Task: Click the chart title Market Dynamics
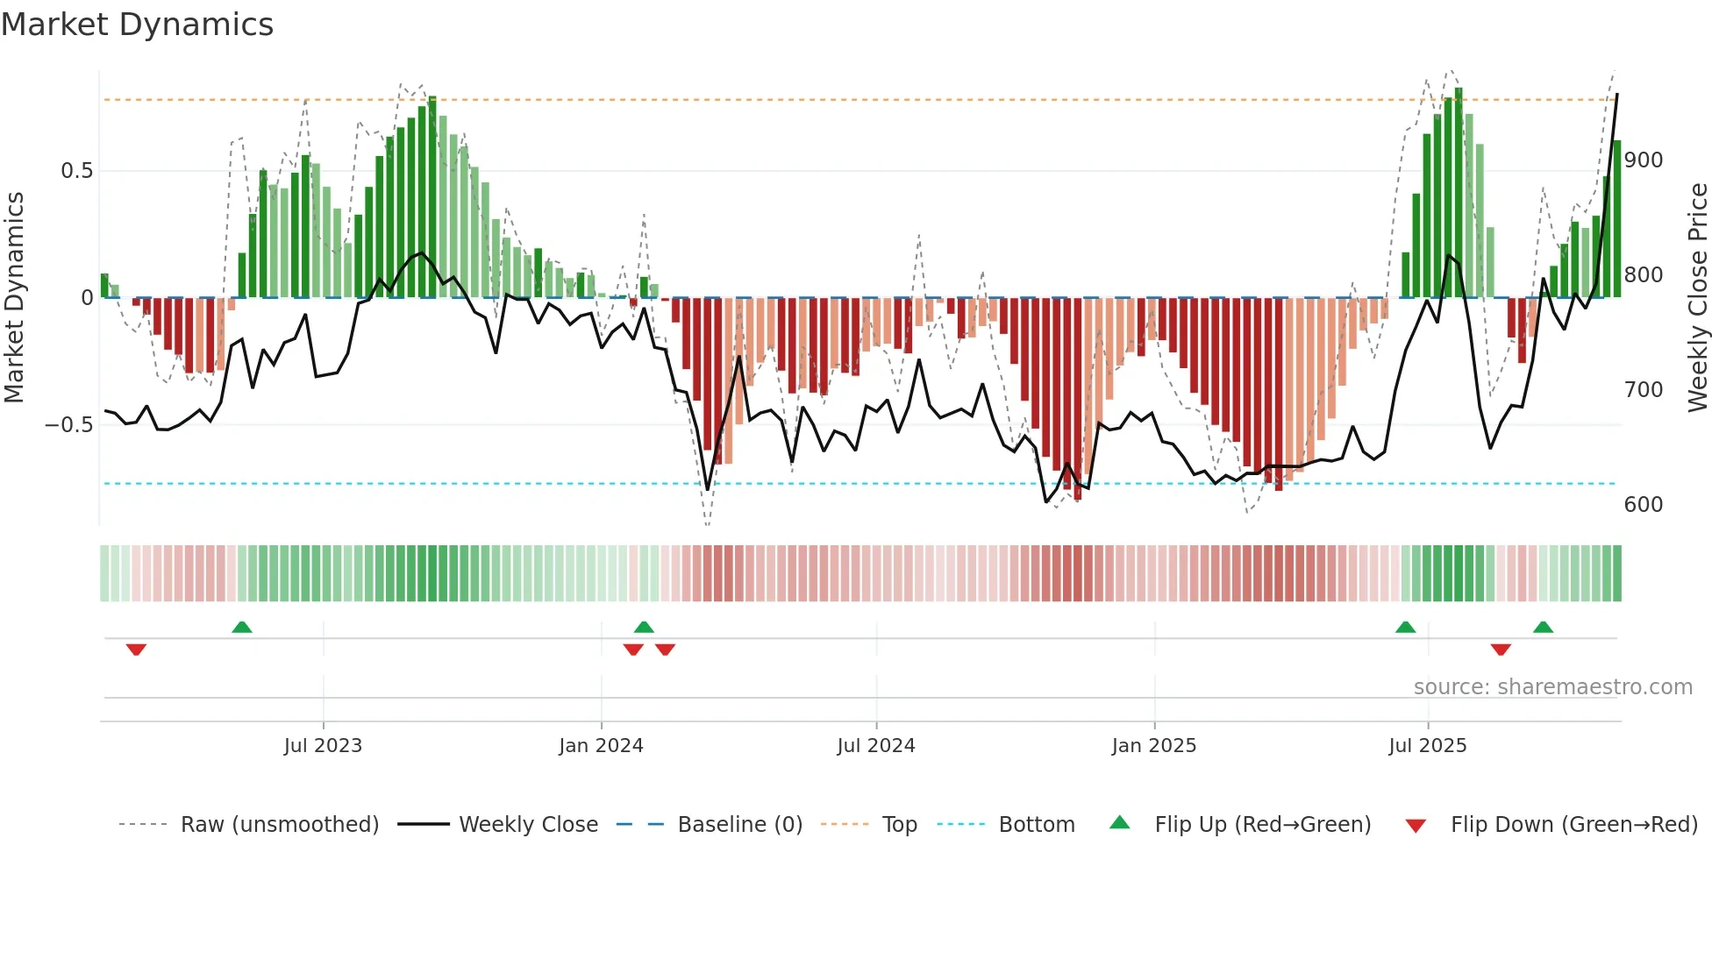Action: click(x=137, y=25)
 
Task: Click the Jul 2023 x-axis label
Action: click(x=323, y=745)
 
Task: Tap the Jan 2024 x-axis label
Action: click(x=601, y=745)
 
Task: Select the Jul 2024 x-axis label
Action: click(x=875, y=745)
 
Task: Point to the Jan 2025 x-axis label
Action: click(x=1153, y=745)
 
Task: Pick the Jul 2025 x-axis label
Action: click(x=1427, y=745)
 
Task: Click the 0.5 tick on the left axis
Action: click(x=76, y=171)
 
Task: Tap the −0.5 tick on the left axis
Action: click(x=69, y=425)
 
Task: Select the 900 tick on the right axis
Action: click(x=1643, y=160)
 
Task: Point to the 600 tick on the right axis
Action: click(x=1643, y=505)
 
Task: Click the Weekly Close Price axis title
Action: click(x=1698, y=297)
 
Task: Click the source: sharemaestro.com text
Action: click(x=1552, y=687)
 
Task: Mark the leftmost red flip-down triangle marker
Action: click(x=136, y=650)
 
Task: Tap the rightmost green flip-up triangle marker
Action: click(x=1543, y=627)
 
